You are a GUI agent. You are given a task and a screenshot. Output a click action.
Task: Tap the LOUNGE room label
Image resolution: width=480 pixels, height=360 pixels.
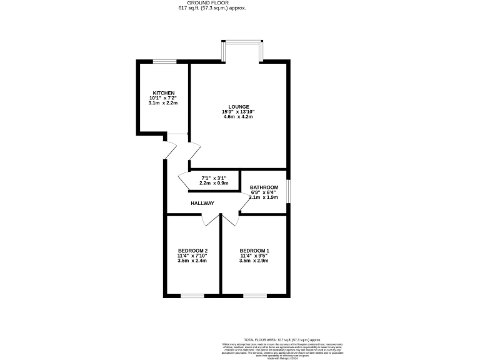(x=238, y=106)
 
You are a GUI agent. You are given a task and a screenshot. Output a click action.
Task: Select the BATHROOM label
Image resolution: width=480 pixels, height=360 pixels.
(x=264, y=187)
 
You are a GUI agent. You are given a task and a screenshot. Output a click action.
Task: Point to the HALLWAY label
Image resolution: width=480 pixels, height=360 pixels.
(x=202, y=203)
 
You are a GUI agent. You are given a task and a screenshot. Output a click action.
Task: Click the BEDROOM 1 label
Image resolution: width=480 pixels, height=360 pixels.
(x=254, y=250)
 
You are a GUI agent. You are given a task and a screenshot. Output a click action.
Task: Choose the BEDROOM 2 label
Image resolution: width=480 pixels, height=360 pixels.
(x=192, y=250)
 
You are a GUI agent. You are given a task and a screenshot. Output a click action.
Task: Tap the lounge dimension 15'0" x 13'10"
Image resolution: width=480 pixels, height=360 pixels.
(x=238, y=112)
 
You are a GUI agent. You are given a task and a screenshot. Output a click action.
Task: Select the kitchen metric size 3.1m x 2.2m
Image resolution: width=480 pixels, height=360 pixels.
(x=162, y=103)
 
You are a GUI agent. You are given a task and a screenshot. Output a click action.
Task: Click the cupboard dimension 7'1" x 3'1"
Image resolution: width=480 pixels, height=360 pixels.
(x=214, y=177)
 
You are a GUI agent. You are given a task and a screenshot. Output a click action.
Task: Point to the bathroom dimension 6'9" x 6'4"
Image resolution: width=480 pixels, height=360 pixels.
(x=264, y=192)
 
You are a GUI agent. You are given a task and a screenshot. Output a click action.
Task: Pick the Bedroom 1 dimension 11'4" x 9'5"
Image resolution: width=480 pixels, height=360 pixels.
(x=254, y=256)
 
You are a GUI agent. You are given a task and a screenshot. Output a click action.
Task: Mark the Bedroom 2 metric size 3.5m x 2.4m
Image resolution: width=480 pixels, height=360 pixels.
(x=192, y=261)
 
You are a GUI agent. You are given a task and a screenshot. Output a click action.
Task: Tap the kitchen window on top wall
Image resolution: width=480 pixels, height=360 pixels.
(x=164, y=61)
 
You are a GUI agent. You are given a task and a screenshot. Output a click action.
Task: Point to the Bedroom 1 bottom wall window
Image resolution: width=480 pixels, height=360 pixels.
(x=253, y=294)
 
